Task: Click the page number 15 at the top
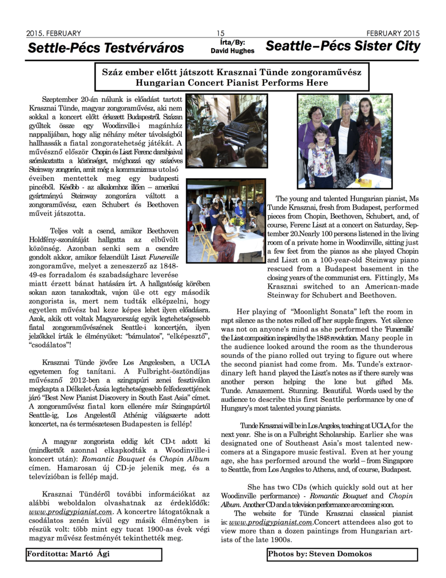pos(221,33)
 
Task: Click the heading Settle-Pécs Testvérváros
pos(106,48)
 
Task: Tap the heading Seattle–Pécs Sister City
pos(343,46)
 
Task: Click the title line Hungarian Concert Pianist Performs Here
pos(232,82)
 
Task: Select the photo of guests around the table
pos(226,219)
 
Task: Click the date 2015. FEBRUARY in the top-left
pos(53,33)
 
